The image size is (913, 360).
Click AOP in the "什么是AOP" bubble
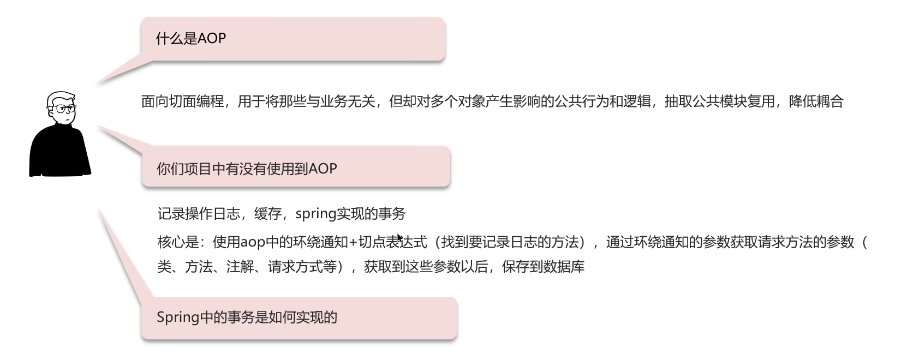(x=211, y=39)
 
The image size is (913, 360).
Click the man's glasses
(x=64, y=109)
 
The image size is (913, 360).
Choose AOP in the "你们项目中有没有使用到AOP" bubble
(x=323, y=169)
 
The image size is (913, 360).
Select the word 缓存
(x=268, y=214)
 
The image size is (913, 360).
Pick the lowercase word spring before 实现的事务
(x=315, y=214)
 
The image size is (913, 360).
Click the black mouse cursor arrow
(x=399, y=238)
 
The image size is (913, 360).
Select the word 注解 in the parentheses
(x=240, y=267)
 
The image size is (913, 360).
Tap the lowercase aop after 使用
(x=252, y=242)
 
